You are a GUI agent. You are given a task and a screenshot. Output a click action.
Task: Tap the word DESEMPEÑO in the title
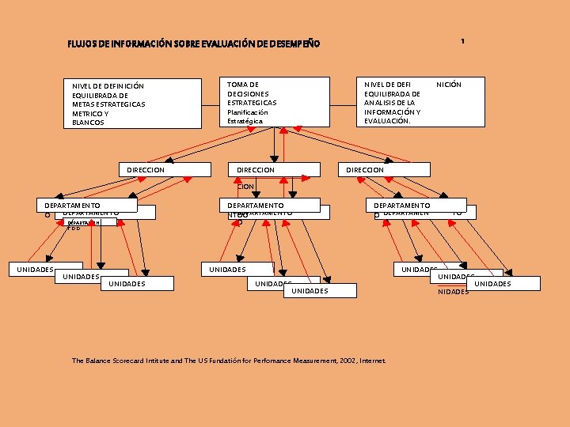point(295,43)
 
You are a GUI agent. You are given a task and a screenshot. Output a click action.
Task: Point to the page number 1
point(462,40)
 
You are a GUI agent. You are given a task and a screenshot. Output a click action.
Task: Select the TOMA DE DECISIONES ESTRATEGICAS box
point(275,101)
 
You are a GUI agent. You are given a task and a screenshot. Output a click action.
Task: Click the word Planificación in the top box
point(248,112)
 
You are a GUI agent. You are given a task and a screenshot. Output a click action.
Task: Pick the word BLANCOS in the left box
point(88,123)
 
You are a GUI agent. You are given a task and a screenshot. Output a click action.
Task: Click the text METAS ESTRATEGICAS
point(108,104)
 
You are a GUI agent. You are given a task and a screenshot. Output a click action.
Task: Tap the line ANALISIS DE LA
point(389,103)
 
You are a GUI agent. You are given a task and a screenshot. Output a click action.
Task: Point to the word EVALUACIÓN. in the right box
point(387,121)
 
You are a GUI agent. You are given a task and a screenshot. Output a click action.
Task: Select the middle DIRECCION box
point(274,169)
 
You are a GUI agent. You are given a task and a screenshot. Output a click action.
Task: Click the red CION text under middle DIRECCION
point(245,187)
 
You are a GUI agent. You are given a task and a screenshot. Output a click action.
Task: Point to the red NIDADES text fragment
point(453,292)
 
